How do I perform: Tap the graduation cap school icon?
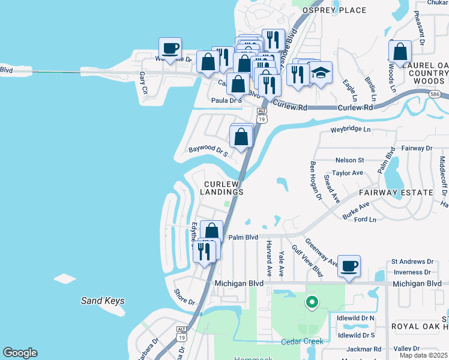321,73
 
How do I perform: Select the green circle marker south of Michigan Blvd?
311,302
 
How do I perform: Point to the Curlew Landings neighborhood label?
223,188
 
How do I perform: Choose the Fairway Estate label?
396,193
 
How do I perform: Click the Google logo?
20,353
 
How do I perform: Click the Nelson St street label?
350,160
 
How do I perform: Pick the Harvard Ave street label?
269,258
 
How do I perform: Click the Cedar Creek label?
302,341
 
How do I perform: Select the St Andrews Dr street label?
412,262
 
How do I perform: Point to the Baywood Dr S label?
208,150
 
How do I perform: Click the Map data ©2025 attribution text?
423,355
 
